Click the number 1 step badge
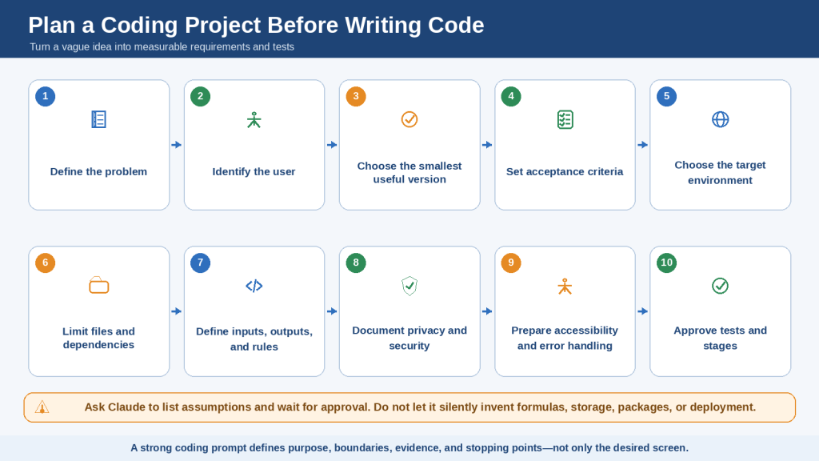[x=46, y=96]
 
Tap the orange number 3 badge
[x=356, y=96]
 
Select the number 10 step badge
[x=666, y=263]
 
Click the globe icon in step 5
[x=721, y=120]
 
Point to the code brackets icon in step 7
[x=254, y=286]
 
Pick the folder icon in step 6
[x=98, y=286]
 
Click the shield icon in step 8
[x=409, y=286]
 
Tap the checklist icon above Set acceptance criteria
[x=565, y=120]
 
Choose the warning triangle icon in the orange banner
[x=42, y=407]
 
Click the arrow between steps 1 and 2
[x=177, y=145]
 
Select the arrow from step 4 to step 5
[x=642, y=145]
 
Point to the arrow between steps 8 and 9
[x=487, y=311]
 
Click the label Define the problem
[x=98, y=171]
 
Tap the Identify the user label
[x=254, y=171]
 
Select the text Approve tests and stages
[x=721, y=338]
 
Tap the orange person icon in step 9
[x=565, y=287]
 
